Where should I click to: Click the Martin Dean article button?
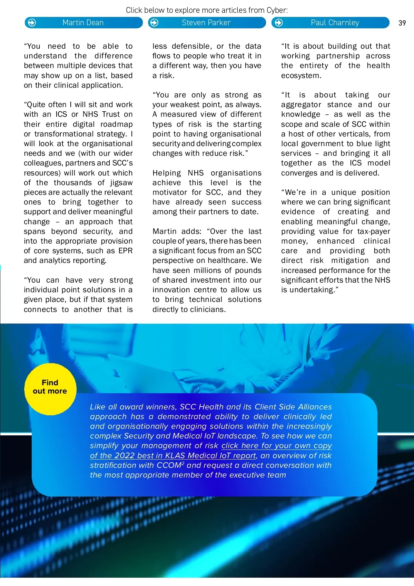tap(83, 23)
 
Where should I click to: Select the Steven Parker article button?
tap(207, 23)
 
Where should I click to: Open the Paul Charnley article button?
tap(335, 23)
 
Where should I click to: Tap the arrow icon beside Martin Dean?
tap(32, 23)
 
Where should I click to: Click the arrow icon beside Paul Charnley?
tap(279, 23)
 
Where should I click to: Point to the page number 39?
tap(402, 23)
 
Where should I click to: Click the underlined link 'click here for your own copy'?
tap(276, 446)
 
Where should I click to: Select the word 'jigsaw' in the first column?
tap(121, 183)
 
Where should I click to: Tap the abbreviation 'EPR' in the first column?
tap(125, 251)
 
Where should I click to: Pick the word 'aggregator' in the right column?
tap(301, 105)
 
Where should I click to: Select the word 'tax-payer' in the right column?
tap(374, 231)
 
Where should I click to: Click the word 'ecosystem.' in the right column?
tap(301, 76)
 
